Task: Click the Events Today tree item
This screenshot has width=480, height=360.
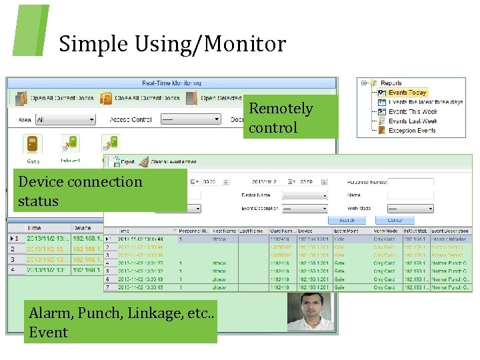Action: [407, 93]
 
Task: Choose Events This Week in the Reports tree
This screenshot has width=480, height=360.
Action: [412, 112]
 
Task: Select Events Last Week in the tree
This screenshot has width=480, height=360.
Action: [412, 121]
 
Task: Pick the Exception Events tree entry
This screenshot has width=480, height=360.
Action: [412, 131]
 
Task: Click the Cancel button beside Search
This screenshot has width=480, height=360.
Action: [395, 220]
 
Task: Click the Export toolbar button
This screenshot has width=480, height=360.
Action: [126, 162]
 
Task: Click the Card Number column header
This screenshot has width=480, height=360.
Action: [280, 231]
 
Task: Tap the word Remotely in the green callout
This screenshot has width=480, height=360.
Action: [281, 109]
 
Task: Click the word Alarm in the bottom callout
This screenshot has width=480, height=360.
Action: [51, 313]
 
